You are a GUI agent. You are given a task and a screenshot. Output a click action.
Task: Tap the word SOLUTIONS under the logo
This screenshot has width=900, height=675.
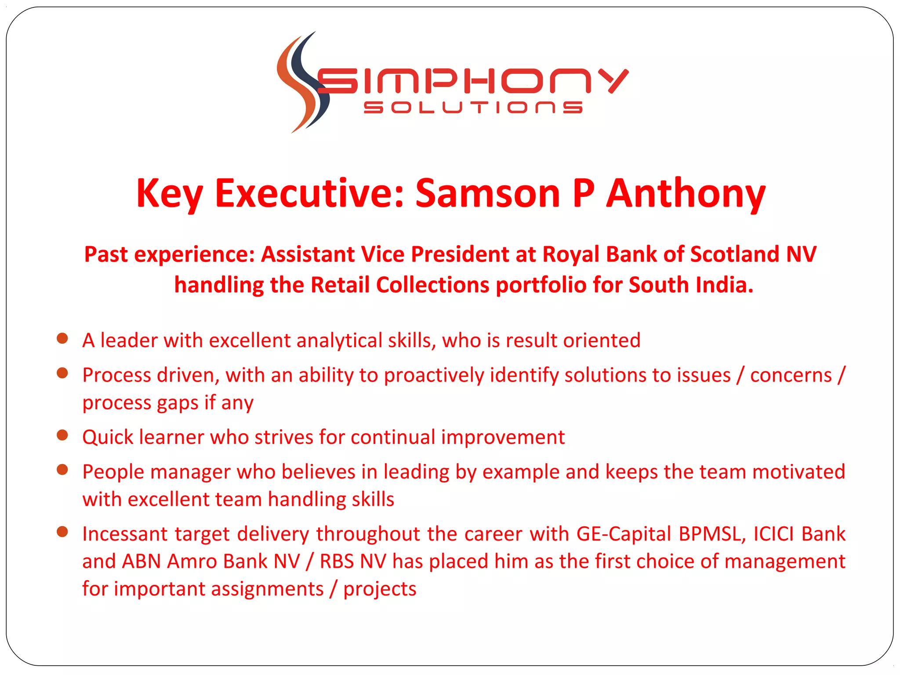(473, 108)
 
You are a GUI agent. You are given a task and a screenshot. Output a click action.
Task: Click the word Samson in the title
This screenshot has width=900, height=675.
(487, 193)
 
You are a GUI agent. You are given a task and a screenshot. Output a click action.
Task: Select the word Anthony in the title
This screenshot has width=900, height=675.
(686, 193)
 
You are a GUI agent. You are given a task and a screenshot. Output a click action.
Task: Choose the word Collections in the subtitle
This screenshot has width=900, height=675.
(432, 285)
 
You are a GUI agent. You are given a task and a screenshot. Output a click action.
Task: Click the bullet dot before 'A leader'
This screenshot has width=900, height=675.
(62, 338)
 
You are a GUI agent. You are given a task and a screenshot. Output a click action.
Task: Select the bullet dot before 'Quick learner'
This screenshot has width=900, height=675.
(62, 435)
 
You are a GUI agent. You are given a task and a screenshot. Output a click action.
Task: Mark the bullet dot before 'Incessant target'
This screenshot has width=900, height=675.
(62, 532)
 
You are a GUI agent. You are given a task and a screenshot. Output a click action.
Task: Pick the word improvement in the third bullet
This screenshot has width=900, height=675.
(503, 437)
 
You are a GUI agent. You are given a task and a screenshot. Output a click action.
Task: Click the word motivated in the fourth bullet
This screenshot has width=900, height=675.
(798, 472)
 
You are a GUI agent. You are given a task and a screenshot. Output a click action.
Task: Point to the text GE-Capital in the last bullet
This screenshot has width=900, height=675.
(624, 534)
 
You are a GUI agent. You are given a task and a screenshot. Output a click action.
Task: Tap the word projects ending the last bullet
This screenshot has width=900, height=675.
(380, 589)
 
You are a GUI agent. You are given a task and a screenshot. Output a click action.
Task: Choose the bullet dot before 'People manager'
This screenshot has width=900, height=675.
(62, 470)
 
